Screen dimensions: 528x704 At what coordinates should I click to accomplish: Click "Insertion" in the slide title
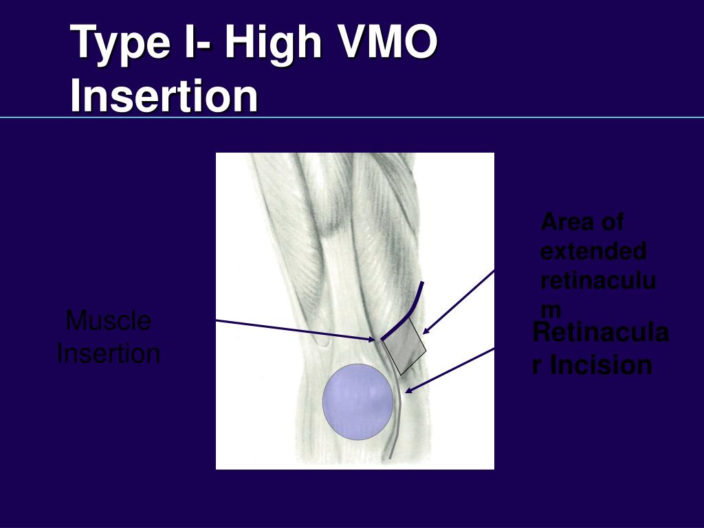pos(164,96)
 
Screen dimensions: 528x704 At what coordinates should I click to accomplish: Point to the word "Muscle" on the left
pos(109,320)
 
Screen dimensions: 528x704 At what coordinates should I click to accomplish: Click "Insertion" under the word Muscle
pos(109,354)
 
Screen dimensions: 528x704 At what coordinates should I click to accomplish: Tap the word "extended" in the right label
pos(593,252)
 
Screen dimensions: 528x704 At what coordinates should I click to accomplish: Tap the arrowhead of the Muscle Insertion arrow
pos(373,338)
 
